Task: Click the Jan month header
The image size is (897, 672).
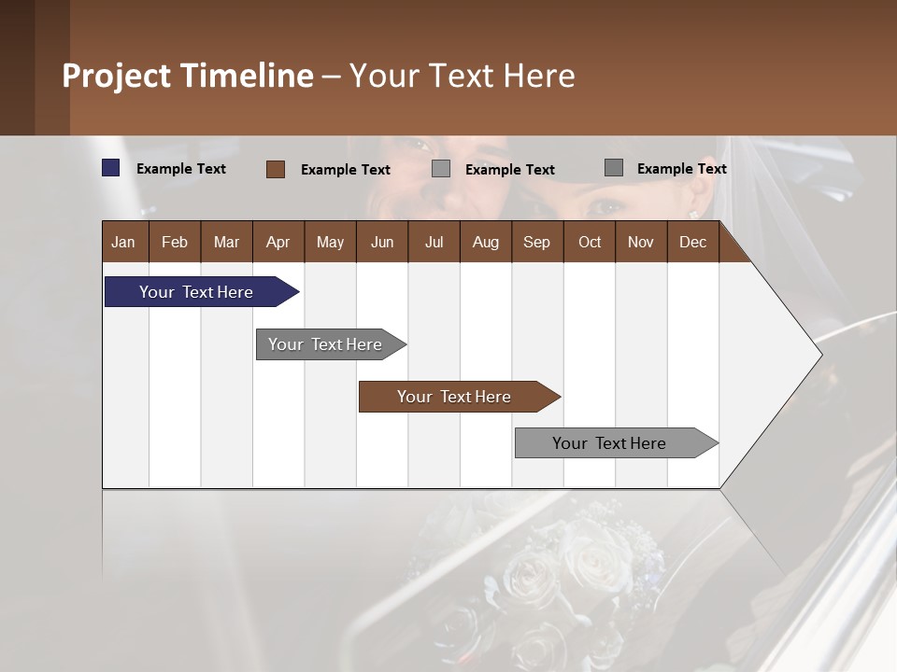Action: click(x=124, y=243)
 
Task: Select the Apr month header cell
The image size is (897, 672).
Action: click(x=278, y=243)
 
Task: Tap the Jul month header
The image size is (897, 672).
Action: click(x=434, y=243)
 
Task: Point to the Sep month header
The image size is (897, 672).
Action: click(x=537, y=243)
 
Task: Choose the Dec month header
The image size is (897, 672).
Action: click(x=692, y=243)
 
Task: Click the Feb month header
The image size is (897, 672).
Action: click(x=175, y=243)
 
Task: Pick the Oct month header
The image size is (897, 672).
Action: click(x=590, y=243)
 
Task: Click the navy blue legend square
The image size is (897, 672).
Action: click(x=111, y=168)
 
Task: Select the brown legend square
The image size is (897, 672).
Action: click(x=276, y=169)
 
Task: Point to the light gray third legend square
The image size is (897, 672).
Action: click(x=441, y=169)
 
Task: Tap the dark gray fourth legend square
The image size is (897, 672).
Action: click(x=614, y=168)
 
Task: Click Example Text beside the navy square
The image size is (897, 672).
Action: click(x=181, y=169)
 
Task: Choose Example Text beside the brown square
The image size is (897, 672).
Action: click(x=346, y=170)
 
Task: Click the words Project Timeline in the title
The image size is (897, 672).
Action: click(x=188, y=76)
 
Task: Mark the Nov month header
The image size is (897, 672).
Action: click(x=641, y=243)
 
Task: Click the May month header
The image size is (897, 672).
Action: click(x=330, y=243)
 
